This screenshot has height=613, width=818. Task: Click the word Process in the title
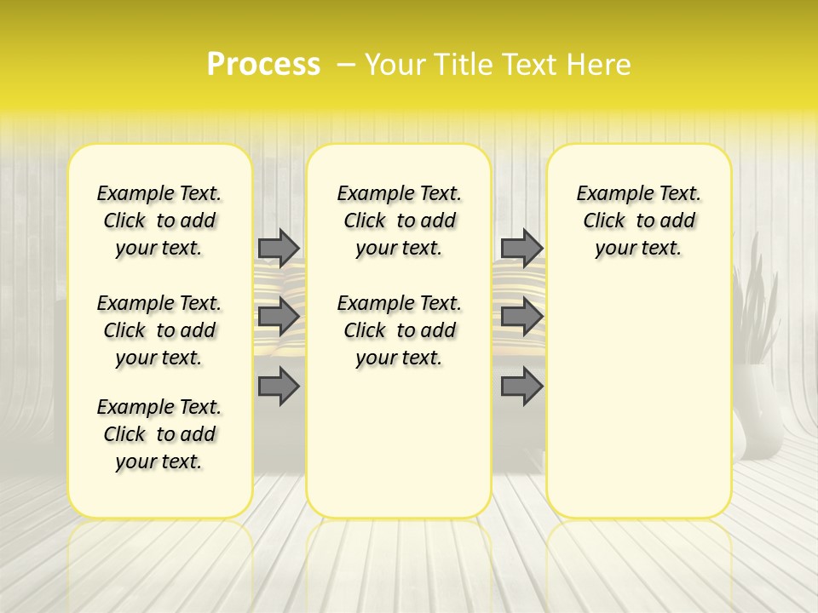pyautogui.click(x=263, y=65)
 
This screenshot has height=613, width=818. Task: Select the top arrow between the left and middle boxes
pyautogui.click(x=279, y=248)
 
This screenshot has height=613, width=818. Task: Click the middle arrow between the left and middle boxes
pyautogui.click(x=279, y=317)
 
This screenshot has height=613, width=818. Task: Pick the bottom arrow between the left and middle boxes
pyautogui.click(x=279, y=387)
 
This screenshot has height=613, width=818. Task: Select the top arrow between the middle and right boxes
pyautogui.click(x=521, y=248)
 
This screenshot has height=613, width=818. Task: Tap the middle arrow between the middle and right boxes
pyautogui.click(x=521, y=317)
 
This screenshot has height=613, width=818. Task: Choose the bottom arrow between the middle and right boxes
pyautogui.click(x=521, y=387)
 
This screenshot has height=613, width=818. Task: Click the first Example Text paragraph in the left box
pyautogui.click(x=158, y=221)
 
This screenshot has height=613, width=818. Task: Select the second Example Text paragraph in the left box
pyautogui.click(x=158, y=330)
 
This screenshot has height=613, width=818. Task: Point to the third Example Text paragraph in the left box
pyautogui.click(x=158, y=434)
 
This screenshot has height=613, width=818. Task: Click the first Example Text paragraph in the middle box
pyautogui.click(x=399, y=221)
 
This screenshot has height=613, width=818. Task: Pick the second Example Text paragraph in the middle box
pyautogui.click(x=399, y=330)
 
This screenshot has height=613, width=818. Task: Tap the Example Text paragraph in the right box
pyautogui.click(x=638, y=221)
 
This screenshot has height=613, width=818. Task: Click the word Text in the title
pyautogui.click(x=527, y=65)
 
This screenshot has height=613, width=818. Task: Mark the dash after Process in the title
pyautogui.click(x=346, y=65)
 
